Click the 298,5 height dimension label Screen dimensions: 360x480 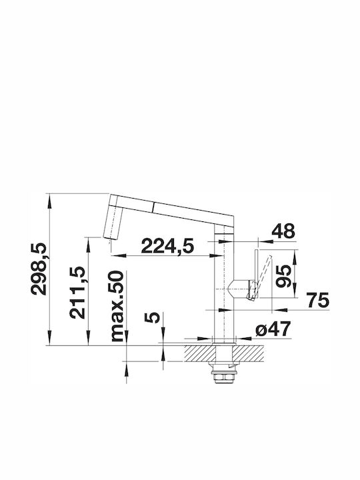[39, 269]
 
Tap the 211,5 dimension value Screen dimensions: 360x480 [77, 293]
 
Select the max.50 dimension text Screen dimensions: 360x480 [118, 306]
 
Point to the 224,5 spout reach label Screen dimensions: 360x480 [167, 246]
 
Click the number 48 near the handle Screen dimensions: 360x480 [283, 231]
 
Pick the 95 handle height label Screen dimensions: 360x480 [283, 277]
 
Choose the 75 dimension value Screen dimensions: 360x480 [318, 300]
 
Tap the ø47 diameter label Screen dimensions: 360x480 [273, 329]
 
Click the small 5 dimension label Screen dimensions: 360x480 [152, 317]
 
